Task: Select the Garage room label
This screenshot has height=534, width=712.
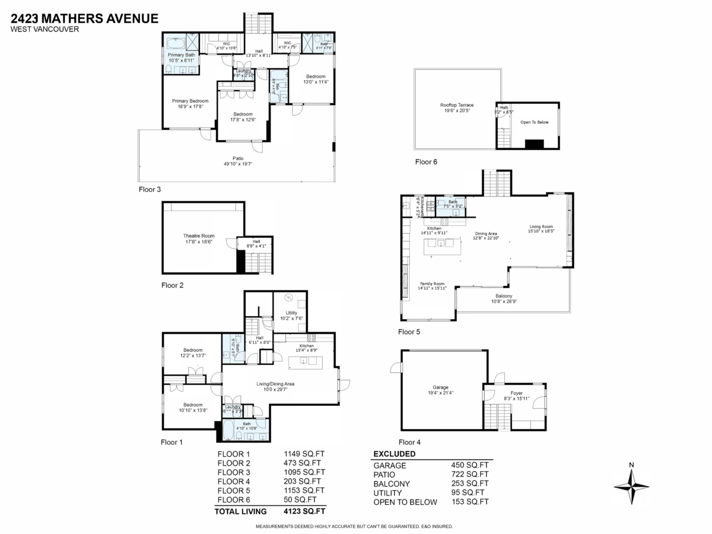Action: (x=440, y=389)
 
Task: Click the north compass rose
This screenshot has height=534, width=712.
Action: (x=631, y=486)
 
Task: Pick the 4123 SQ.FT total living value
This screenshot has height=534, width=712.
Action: (x=304, y=511)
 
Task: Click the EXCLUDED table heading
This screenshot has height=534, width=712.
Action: (x=394, y=454)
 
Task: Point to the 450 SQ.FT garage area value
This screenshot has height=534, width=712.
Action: (x=470, y=465)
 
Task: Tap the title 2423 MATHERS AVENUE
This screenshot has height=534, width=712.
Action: (x=84, y=18)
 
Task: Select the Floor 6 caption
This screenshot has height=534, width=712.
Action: (x=426, y=161)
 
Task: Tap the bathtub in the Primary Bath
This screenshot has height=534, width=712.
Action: (x=175, y=44)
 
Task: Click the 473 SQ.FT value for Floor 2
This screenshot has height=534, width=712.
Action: (x=302, y=463)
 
